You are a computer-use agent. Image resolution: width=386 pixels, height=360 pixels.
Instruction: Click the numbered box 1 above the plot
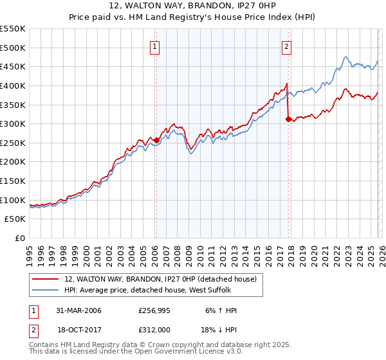(156, 46)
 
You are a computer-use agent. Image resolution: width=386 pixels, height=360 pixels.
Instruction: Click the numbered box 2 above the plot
(286, 46)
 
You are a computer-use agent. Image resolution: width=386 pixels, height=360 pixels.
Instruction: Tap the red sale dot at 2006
(156, 140)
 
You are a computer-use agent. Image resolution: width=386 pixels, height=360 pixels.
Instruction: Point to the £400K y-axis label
(13, 85)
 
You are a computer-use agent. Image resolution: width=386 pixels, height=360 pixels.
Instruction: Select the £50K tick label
(15, 219)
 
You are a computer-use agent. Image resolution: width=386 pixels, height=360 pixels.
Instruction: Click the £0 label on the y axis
(20, 239)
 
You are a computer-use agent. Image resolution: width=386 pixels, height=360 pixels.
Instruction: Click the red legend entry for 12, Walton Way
(160, 279)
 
